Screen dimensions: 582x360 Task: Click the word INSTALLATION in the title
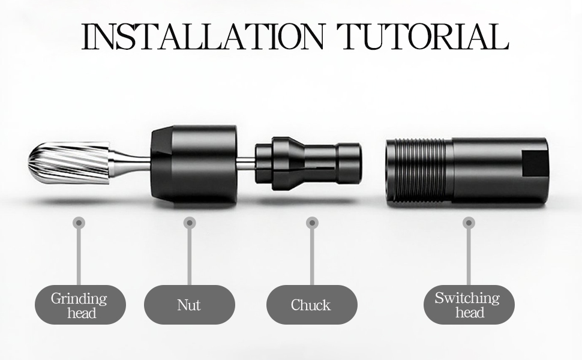(203, 36)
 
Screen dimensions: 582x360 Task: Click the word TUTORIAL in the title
(423, 36)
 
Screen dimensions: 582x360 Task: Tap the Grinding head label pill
(80, 305)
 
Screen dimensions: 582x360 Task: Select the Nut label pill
(189, 305)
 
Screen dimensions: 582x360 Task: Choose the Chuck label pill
(312, 305)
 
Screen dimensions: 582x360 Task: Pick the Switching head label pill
(469, 305)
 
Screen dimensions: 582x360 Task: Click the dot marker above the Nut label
(190, 223)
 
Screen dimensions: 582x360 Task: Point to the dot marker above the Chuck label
(312, 223)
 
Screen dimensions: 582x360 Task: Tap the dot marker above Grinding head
(79, 223)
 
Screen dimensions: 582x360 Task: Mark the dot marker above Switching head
(469, 223)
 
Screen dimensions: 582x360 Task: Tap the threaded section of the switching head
(419, 170)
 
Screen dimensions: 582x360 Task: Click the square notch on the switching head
(535, 163)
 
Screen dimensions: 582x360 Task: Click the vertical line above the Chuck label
(312, 257)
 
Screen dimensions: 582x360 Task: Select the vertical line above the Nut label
(190, 257)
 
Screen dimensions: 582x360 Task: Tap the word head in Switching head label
(470, 312)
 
